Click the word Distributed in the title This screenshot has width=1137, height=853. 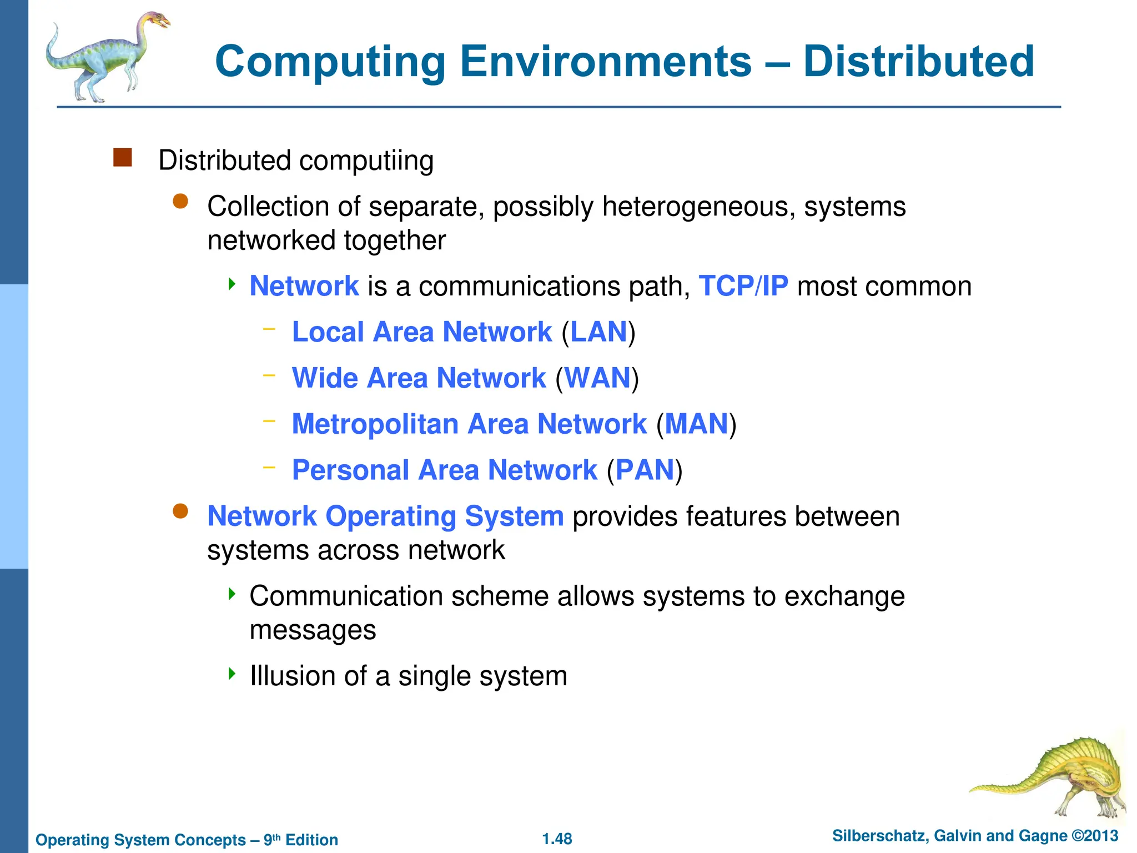[918, 61]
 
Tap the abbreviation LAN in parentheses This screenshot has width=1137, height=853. [598, 332]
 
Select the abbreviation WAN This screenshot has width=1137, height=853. [597, 378]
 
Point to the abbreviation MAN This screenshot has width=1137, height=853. [696, 424]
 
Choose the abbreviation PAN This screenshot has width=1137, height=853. [645, 470]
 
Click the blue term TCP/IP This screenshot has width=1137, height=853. [743, 286]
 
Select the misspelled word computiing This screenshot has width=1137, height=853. [366, 161]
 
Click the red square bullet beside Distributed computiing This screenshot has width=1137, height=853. [122, 158]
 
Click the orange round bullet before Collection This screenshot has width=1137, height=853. [180, 201]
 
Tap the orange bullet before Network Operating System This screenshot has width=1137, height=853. [180, 511]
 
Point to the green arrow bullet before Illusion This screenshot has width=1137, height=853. [232, 674]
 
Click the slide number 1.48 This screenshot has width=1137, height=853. [557, 839]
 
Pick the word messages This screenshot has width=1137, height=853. [313, 630]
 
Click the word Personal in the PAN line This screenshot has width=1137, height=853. [350, 470]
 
